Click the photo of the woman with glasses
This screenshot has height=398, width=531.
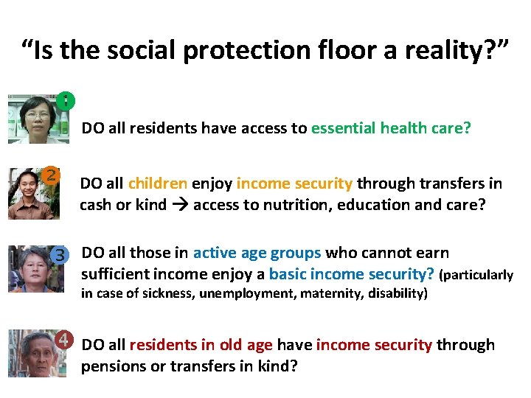click(x=35, y=119)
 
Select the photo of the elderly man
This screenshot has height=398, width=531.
click(x=32, y=354)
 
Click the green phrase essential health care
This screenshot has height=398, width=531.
click(x=390, y=128)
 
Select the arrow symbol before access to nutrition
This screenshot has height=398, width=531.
click(x=180, y=205)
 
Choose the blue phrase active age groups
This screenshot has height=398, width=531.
click(x=257, y=253)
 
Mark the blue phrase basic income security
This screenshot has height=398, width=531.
click(x=352, y=274)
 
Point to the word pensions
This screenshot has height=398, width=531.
click(x=114, y=366)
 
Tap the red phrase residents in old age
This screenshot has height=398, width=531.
click(x=201, y=345)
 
